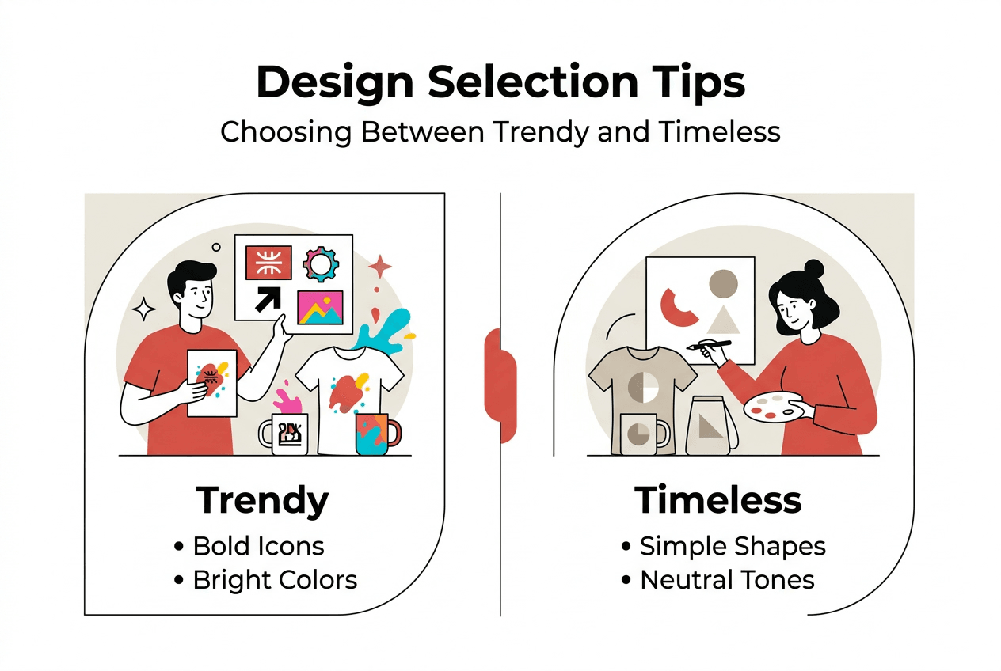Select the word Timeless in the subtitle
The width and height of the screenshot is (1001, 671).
[x=719, y=131]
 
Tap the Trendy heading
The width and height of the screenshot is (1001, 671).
[x=262, y=500]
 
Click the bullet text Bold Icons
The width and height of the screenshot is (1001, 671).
[x=259, y=546]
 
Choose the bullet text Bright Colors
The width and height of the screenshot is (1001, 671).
[x=275, y=580]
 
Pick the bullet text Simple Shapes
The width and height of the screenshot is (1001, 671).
[x=733, y=546]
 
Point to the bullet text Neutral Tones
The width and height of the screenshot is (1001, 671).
[x=727, y=580]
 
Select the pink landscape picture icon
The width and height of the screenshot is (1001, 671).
[x=320, y=307]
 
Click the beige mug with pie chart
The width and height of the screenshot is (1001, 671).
[x=640, y=434]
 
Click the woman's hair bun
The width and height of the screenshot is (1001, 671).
[x=813, y=269]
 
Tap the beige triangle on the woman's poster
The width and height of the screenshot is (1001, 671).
[x=723, y=320]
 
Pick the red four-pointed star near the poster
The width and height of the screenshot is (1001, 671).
[x=380, y=267]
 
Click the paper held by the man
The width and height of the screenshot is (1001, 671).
[x=211, y=382]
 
